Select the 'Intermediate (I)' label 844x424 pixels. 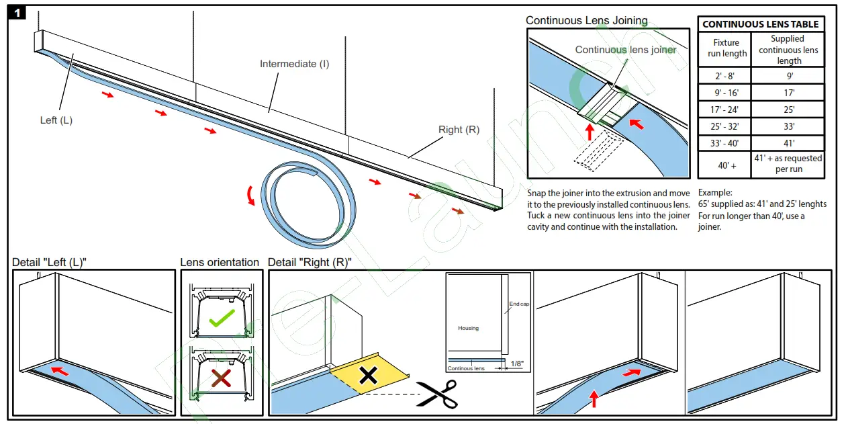point(294,64)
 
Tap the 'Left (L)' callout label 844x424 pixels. point(56,120)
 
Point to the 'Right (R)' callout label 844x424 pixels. point(459,130)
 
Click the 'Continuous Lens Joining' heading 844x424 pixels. point(586,20)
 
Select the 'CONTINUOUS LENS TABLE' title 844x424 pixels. point(760,24)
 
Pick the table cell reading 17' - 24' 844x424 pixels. point(725,110)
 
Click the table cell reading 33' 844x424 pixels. point(788,126)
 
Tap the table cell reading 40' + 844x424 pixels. point(725,165)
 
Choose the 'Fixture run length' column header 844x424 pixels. point(725,48)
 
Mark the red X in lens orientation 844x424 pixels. point(221,380)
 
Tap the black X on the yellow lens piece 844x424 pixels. point(368,376)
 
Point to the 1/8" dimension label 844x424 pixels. point(517,364)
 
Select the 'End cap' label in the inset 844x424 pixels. point(518,304)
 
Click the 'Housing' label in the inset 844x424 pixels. point(468,328)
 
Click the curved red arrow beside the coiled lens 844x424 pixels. point(251,196)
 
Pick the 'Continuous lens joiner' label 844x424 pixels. point(626,50)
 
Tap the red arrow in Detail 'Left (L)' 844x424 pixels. point(60,370)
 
